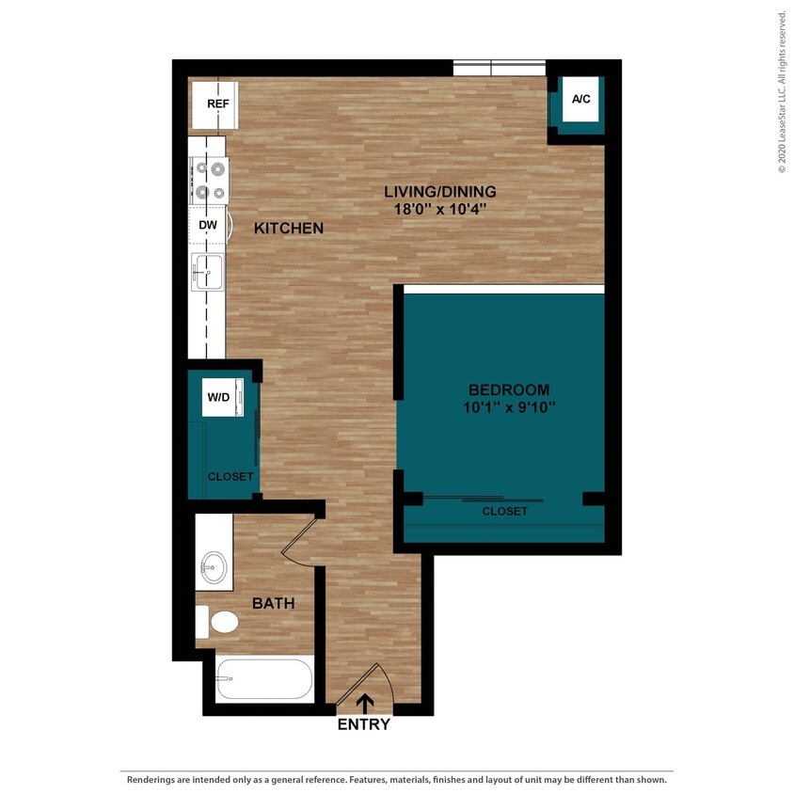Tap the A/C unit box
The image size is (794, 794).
click(x=580, y=100)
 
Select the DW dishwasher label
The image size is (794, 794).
click(x=208, y=226)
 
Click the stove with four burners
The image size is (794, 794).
click(x=209, y=180)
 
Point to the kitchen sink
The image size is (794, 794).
click(x=207, y=272)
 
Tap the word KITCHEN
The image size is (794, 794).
click(x=289, y=228)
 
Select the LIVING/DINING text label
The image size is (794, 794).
click(x=439, y=191)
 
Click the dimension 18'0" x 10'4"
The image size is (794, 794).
click(x=439, y=210)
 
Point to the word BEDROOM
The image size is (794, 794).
click(x=509, y=389)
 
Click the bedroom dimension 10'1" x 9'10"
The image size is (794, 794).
click(x=509, y=407)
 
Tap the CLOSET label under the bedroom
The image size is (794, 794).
click(x=504, y=511)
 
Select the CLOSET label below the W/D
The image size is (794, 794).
click(x=230, y=477)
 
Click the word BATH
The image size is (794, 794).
click(x=274, y=603)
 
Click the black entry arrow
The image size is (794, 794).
click(x=363, y=702)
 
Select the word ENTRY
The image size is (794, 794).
click(x=363, y=724)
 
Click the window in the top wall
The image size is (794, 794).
click(x=499, y=68)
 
